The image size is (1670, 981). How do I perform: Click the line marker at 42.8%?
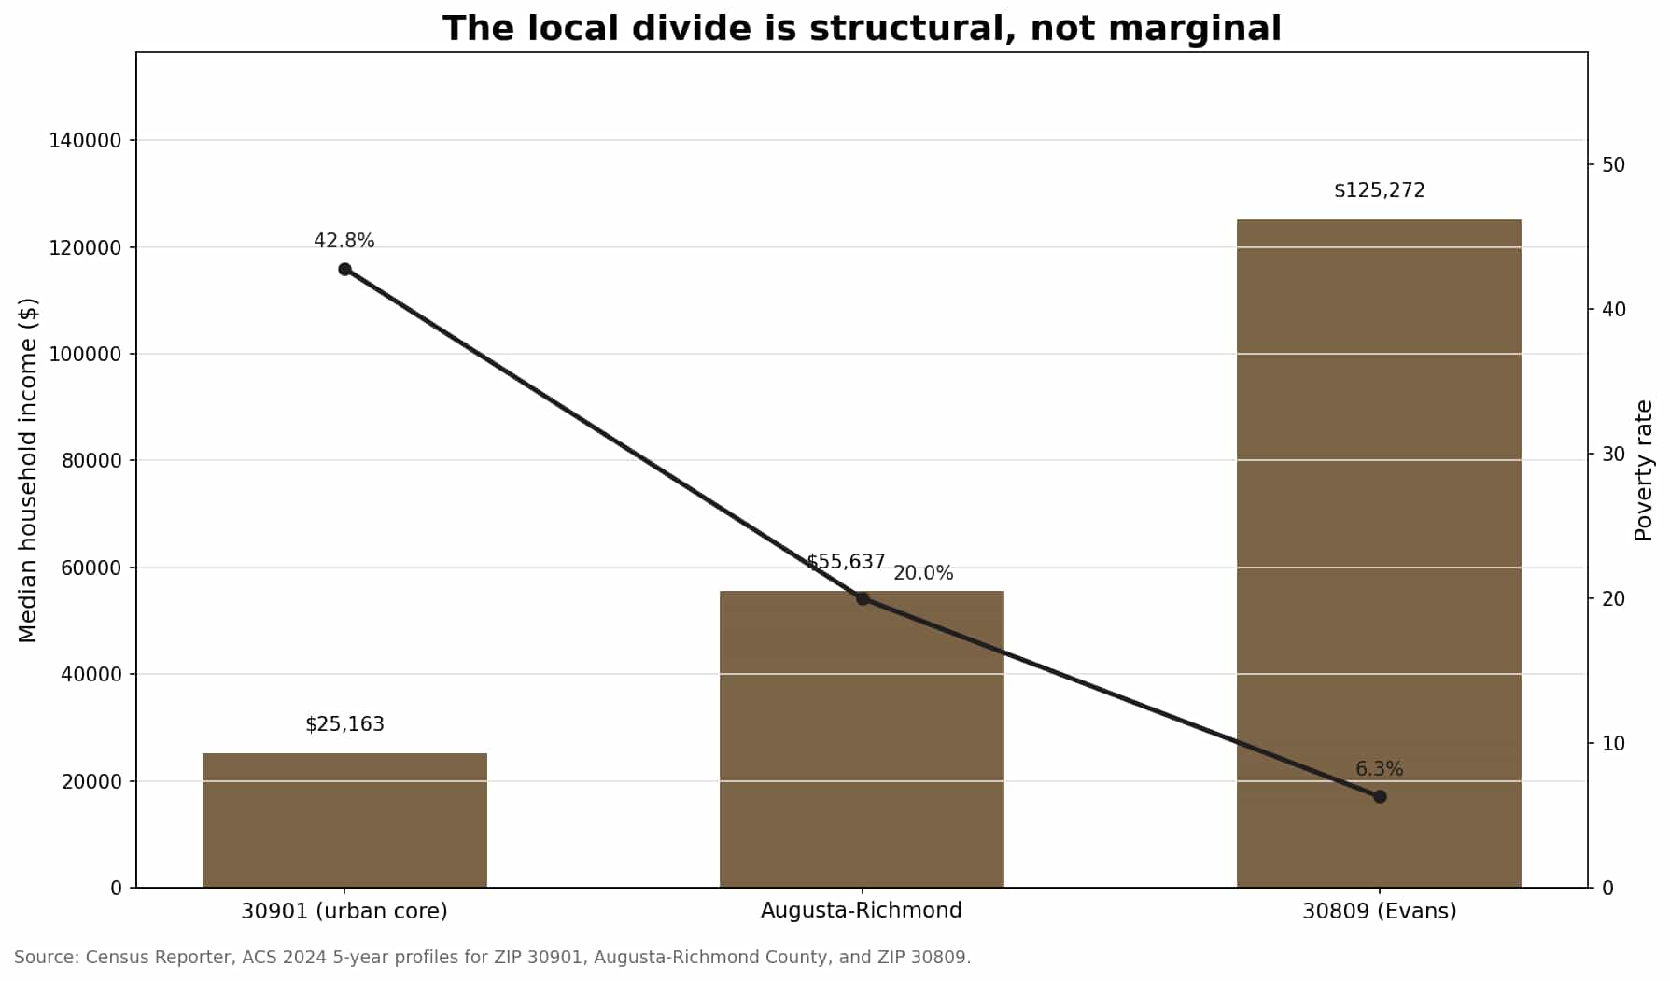click(344, 269)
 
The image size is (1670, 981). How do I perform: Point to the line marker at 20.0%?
click(863, 598)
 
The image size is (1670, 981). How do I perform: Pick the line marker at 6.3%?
click(1380, 796)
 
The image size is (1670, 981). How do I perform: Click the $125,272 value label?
click(1379, 190)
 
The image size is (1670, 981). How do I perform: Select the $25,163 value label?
click(344, 724)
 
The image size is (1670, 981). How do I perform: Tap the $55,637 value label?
click(846, 562)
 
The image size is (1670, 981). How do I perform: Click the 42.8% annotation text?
click(344, 241)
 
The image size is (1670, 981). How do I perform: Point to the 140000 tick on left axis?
click(85, 141)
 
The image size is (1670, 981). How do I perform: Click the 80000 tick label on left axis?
click(91, 461)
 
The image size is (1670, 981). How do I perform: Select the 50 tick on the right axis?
click(1613, 164)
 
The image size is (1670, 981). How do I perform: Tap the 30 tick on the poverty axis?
click(1613, 454)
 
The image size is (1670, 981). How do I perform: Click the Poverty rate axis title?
click(1644, 470)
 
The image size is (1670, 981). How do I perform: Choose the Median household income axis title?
click(28, 470)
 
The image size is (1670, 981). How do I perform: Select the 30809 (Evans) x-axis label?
click(1379, 911)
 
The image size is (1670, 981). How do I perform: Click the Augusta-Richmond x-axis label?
click(861, 910)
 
